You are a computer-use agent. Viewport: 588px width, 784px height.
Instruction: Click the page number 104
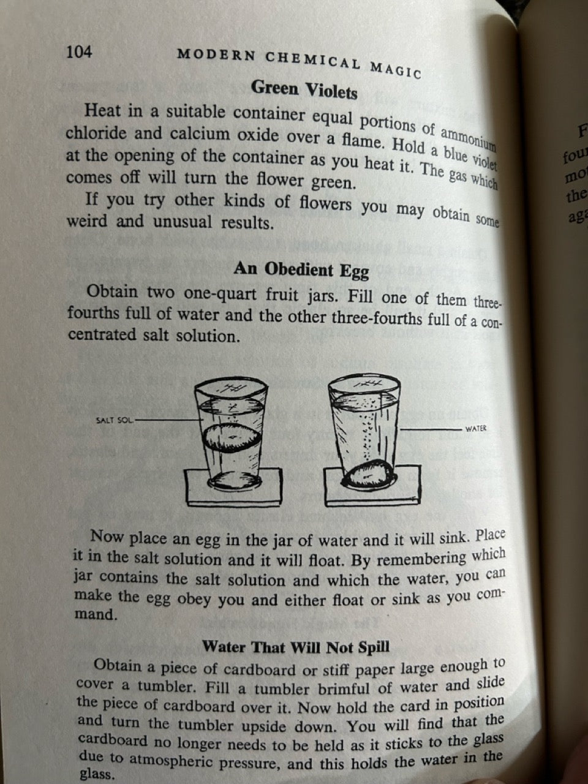(x=79, y=52)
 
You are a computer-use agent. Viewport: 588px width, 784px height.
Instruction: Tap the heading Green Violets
(x=304, y=89)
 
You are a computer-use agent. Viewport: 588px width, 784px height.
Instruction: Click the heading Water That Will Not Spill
(x=295, y=647)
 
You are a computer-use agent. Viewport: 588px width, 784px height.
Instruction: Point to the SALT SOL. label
(x=115, y=420)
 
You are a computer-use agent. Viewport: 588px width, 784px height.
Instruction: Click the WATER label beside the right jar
(x=475, y=429)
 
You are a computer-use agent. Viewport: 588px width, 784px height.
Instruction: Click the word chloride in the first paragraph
(x=96, y=134)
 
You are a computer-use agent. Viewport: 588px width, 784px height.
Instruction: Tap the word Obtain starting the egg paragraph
(x=112, y=291)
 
